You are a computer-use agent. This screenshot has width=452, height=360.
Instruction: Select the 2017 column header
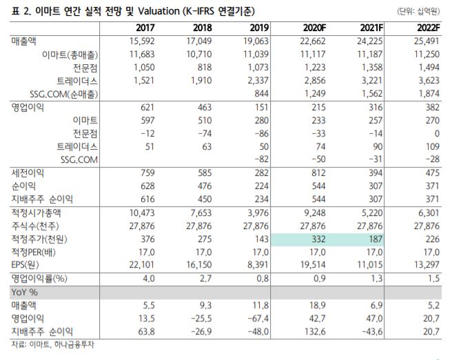[x=145, y=28]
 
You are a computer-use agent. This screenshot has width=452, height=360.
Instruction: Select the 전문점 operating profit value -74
[x=202, y=133]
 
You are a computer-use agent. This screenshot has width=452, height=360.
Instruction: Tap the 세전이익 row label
[x=28, y=172]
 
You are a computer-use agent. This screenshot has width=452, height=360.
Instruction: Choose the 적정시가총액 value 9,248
[x=314, y=212]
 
